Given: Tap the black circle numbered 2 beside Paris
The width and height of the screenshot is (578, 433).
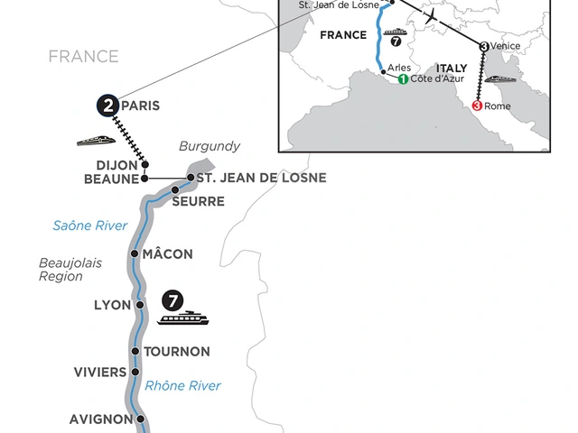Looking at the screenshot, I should click(108, 106).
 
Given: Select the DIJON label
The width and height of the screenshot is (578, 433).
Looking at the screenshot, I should click(117, 165).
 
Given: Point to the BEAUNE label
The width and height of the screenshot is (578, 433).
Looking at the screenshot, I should click(110, 180).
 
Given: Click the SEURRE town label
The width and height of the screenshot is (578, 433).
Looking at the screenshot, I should click(198, 200).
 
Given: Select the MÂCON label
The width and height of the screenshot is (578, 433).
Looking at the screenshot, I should click(168, 254).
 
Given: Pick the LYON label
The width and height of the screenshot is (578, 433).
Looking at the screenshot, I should click(113, 305).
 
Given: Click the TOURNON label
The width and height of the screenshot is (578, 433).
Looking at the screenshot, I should click(177, 351).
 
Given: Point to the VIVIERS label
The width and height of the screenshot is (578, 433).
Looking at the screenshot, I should click(100, 371).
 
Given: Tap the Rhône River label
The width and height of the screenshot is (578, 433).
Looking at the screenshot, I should click(185, 386).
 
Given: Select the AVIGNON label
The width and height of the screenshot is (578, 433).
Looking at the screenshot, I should click(100, 419).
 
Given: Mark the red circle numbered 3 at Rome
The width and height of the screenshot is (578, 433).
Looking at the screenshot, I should click(477, 106).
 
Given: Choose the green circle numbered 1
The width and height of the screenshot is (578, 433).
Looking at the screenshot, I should click(403, 79).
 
